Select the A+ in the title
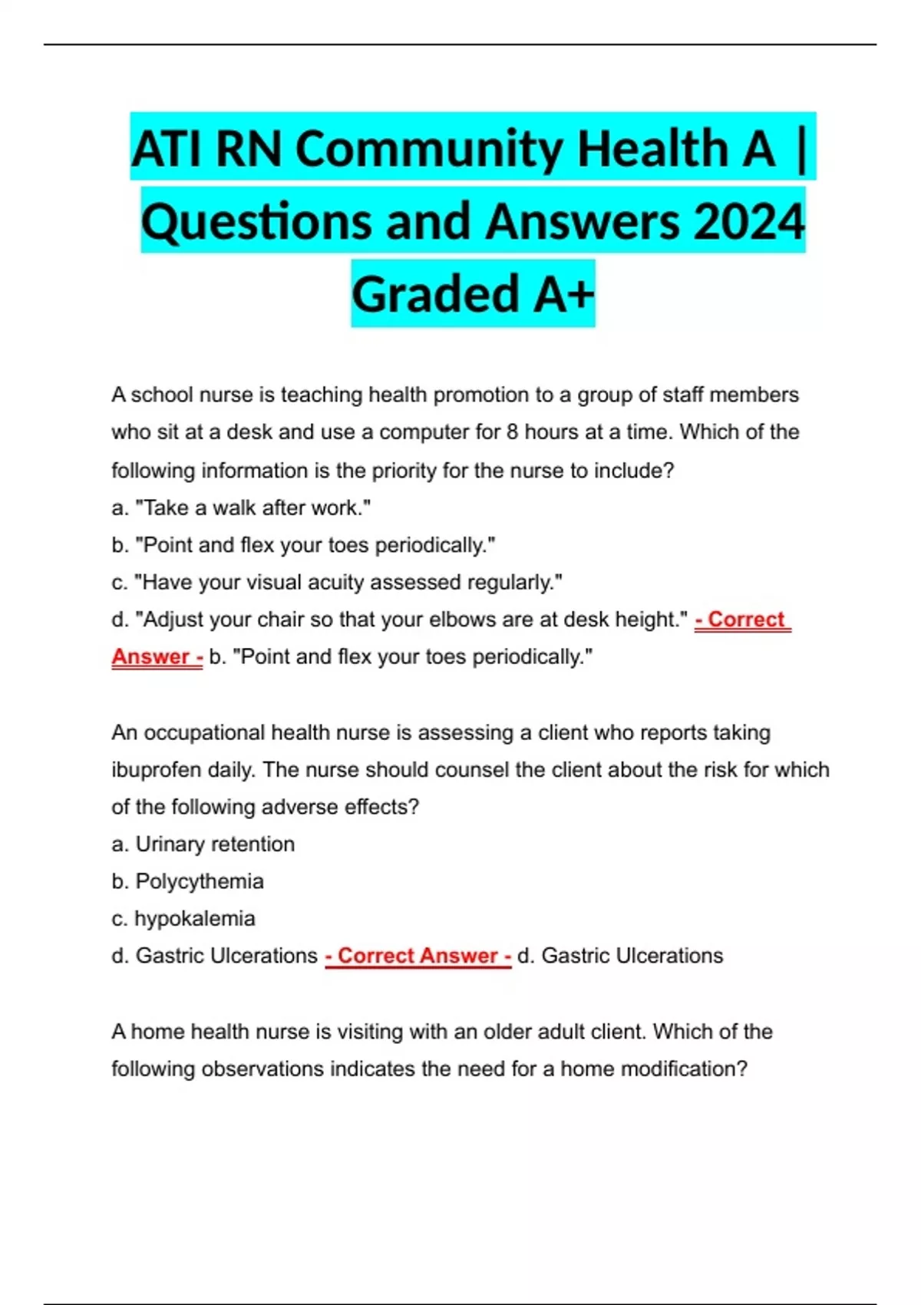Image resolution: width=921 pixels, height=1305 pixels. pos(564,294)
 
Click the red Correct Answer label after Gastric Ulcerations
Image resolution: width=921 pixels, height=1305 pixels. pos(418,956)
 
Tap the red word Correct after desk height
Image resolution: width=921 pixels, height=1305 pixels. pos(745,619)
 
